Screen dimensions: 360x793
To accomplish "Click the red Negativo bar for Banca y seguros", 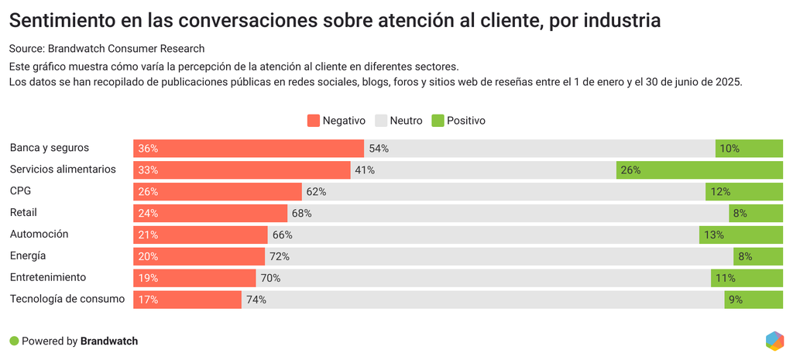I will coord(248,149).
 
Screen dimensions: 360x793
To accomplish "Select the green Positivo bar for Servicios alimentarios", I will coord(699,170).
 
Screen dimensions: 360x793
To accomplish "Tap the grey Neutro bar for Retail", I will coord(507,213).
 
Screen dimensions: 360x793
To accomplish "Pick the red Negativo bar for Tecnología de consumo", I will coord(187,300).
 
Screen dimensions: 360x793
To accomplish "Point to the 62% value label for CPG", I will coord(316,192).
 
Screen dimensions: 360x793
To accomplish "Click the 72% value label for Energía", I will coord(279,256).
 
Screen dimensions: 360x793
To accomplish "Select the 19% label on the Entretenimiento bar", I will coord(148,278).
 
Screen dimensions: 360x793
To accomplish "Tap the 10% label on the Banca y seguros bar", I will coord(729,149).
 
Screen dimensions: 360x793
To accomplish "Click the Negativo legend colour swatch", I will coord(314,121).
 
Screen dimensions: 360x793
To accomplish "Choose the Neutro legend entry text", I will coord(406,121).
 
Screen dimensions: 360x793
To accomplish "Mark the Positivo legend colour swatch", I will coord(438,121).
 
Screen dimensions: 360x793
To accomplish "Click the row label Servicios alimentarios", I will coord(63,169).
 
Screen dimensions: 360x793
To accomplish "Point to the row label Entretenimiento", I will coord(48,277).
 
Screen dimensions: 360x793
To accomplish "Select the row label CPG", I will coord(20,190).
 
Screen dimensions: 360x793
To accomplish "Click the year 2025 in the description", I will coord(726,82).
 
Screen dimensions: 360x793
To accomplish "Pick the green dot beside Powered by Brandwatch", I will coord(14,341).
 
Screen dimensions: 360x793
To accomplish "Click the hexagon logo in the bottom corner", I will coord(774,341).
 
